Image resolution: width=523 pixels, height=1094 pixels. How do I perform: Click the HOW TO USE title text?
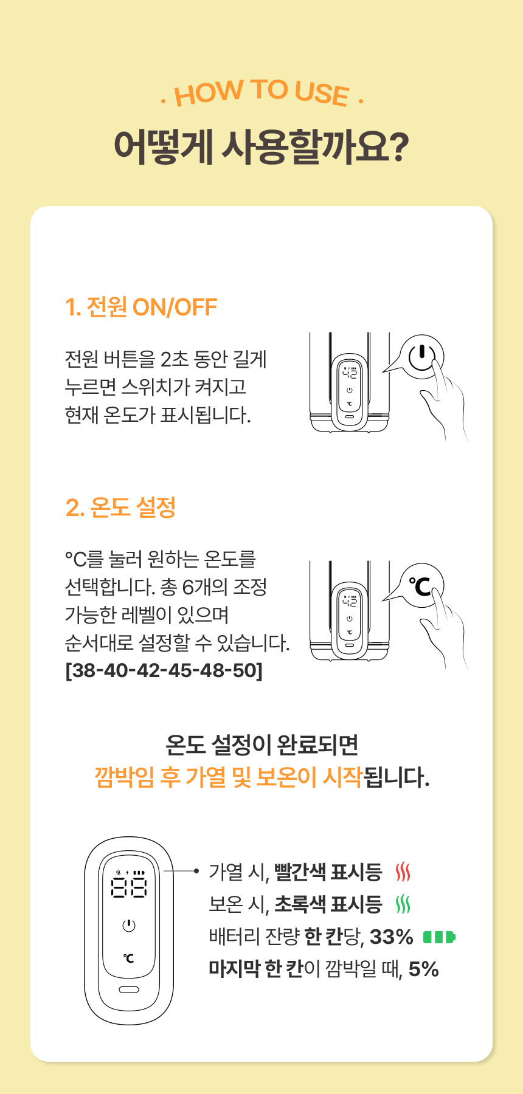[x=261, y=93]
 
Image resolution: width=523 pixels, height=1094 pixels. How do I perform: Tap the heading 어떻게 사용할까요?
[x=261, y=147]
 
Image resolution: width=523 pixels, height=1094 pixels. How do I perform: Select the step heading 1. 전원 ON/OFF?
[x=141, y=308]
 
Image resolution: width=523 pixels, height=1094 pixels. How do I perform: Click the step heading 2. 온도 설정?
[x=120, y=507]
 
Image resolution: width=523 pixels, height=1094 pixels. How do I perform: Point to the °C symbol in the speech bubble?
[x=420, y=587]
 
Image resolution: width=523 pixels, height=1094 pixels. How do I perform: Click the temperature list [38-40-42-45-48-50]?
[x=164, y=670]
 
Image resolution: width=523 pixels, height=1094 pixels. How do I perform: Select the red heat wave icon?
[x=403, y=872]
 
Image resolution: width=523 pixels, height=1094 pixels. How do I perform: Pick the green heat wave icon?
[x=403, y=904]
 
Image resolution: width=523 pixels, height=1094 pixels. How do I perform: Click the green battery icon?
[x=439, y=937]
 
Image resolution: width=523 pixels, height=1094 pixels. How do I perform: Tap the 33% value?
[x=392, y=937]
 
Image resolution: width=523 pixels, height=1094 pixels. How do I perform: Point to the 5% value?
[x=424, y=969]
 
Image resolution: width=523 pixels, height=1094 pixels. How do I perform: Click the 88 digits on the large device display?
[x=129, y=888]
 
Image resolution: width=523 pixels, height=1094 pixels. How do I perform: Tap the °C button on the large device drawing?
[x=129, y=958]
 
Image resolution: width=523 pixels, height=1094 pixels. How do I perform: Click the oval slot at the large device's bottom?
[x=129, y=989]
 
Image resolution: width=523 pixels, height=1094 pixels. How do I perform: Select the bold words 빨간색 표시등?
[x=328, y=872]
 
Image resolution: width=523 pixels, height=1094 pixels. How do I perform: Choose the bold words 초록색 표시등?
[x=328, y=904]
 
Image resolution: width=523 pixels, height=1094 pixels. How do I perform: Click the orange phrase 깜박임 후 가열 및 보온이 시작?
[x=229, y=777]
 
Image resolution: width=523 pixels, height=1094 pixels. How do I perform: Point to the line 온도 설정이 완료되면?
[x=261, y=745]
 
